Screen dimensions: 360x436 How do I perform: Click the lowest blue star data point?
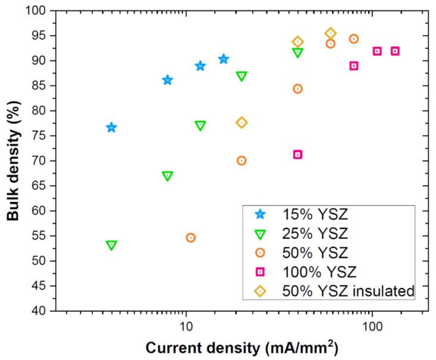tap(111, 127)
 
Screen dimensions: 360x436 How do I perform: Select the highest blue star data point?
tap(224, 59)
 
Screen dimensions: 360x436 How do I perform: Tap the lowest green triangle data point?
tap(111, 245)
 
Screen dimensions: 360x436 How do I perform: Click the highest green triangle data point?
tap(298, 52)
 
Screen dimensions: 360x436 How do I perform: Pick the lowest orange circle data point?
tap(191, 237)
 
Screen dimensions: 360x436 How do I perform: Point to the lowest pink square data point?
tap(298, 155)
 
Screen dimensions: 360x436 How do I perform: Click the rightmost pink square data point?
tap(395, 51)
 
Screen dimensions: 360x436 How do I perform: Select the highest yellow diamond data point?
tap(331, 33)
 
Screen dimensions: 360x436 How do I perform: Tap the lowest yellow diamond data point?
tap(241, 123)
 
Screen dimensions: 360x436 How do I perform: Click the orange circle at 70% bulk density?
tap(241, 161)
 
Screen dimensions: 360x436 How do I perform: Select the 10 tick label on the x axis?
tap(186, 325)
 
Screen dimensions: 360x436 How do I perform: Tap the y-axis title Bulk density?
tap(13, 161)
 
